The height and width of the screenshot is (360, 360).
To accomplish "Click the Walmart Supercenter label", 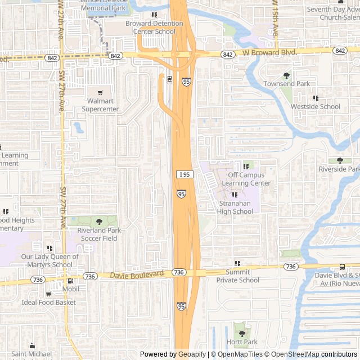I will pos(100,105).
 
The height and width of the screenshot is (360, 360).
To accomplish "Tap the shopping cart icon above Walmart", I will pos(100,93).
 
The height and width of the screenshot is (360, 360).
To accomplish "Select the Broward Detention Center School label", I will pos(154,28).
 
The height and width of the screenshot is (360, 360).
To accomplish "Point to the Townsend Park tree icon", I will pos(286,75).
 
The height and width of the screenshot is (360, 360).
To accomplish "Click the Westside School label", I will pos(315,106).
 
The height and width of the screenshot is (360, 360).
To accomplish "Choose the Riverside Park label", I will pos(339,169).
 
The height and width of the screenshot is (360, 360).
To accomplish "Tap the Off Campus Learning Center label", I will pos(245,179).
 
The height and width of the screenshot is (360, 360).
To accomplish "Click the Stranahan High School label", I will pos(235,207).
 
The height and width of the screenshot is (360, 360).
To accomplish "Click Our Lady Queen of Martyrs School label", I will pos(47,260).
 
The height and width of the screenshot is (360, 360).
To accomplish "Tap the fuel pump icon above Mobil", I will pos(70,281).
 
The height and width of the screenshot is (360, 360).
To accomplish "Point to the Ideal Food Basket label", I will pos(48,303).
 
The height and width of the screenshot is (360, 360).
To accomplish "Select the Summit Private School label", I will pos(237,276).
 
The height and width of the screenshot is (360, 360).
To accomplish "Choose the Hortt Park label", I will pos(242,341).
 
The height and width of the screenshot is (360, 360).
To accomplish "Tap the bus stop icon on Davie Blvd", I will pos(342,267).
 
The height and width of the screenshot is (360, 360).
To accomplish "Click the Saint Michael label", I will pos(31,354).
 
